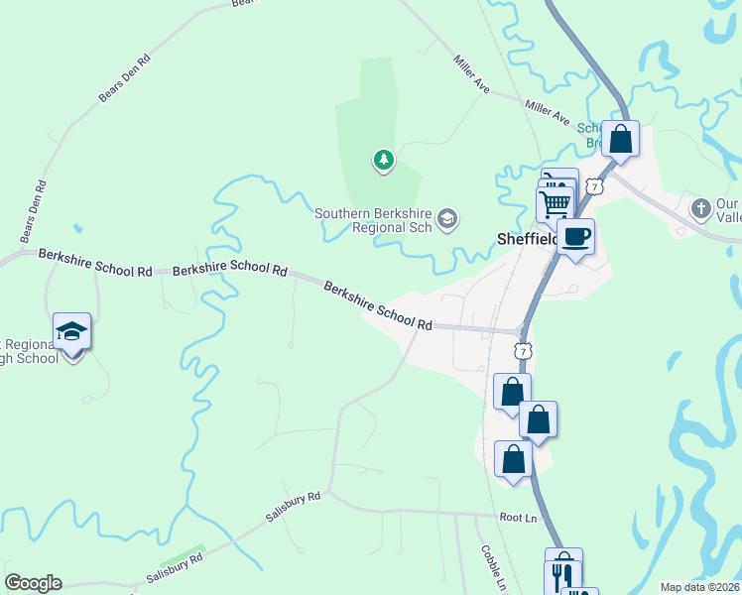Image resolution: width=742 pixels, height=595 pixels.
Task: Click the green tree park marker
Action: [384, 159]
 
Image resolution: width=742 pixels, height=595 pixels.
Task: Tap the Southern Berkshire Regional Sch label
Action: [374, 220]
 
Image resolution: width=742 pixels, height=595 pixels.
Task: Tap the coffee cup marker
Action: [575, 237]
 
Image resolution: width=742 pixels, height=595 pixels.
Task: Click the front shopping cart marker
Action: [555, 204]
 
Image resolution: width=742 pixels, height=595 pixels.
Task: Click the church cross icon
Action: [701, 209]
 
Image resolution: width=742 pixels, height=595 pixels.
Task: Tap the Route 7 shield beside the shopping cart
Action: [593, 185]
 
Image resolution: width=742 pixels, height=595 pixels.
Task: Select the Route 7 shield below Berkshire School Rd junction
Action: [524, 351]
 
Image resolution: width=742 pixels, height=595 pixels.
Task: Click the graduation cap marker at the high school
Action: [71, 331]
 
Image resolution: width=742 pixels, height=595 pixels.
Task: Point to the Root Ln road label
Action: [518, 518]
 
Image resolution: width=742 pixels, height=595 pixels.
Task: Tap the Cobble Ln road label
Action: [493, 568]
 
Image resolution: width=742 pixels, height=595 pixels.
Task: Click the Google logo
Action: [33, 583]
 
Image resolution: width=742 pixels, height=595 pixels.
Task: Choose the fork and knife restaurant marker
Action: [563, 572]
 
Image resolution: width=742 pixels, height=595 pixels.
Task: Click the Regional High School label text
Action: [28, 350]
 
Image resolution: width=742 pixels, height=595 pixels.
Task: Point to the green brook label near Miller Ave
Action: [591, 136]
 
